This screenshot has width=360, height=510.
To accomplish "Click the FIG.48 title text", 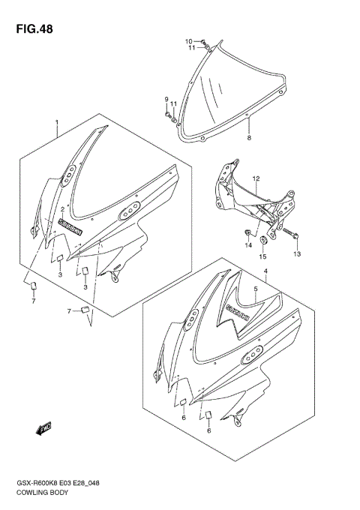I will point(31,29).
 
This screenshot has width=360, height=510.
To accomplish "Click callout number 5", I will point(256,287).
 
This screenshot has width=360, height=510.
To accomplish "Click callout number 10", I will point(189,40).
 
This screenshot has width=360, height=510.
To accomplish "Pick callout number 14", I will point(247,244).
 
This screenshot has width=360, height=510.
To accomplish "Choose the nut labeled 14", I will point(247,230).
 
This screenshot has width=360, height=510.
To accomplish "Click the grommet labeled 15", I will point(264,241).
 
